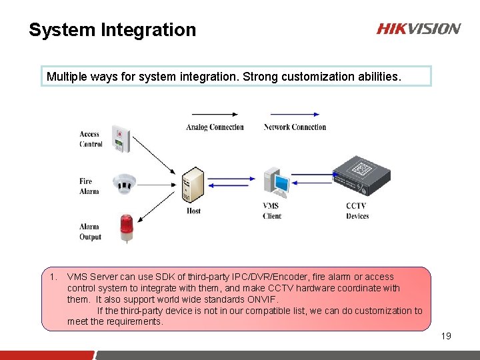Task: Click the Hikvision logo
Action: tap(418, 29)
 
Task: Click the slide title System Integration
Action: tap(112, 30)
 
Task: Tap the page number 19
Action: tap(446, 336)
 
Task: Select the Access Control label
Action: tap(91, 139)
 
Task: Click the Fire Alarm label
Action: tap(89, 186)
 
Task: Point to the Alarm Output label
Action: tap(90, 231)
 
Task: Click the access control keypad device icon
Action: tap(121, 138)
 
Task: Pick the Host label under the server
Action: tap(193, 211)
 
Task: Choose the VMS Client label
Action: tap(272, 211)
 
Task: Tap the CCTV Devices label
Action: tap(357, 211)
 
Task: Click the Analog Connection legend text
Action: tap(215, 127)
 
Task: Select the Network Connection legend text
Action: tap(295, 127)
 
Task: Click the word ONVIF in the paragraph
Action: tap(253, 299)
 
